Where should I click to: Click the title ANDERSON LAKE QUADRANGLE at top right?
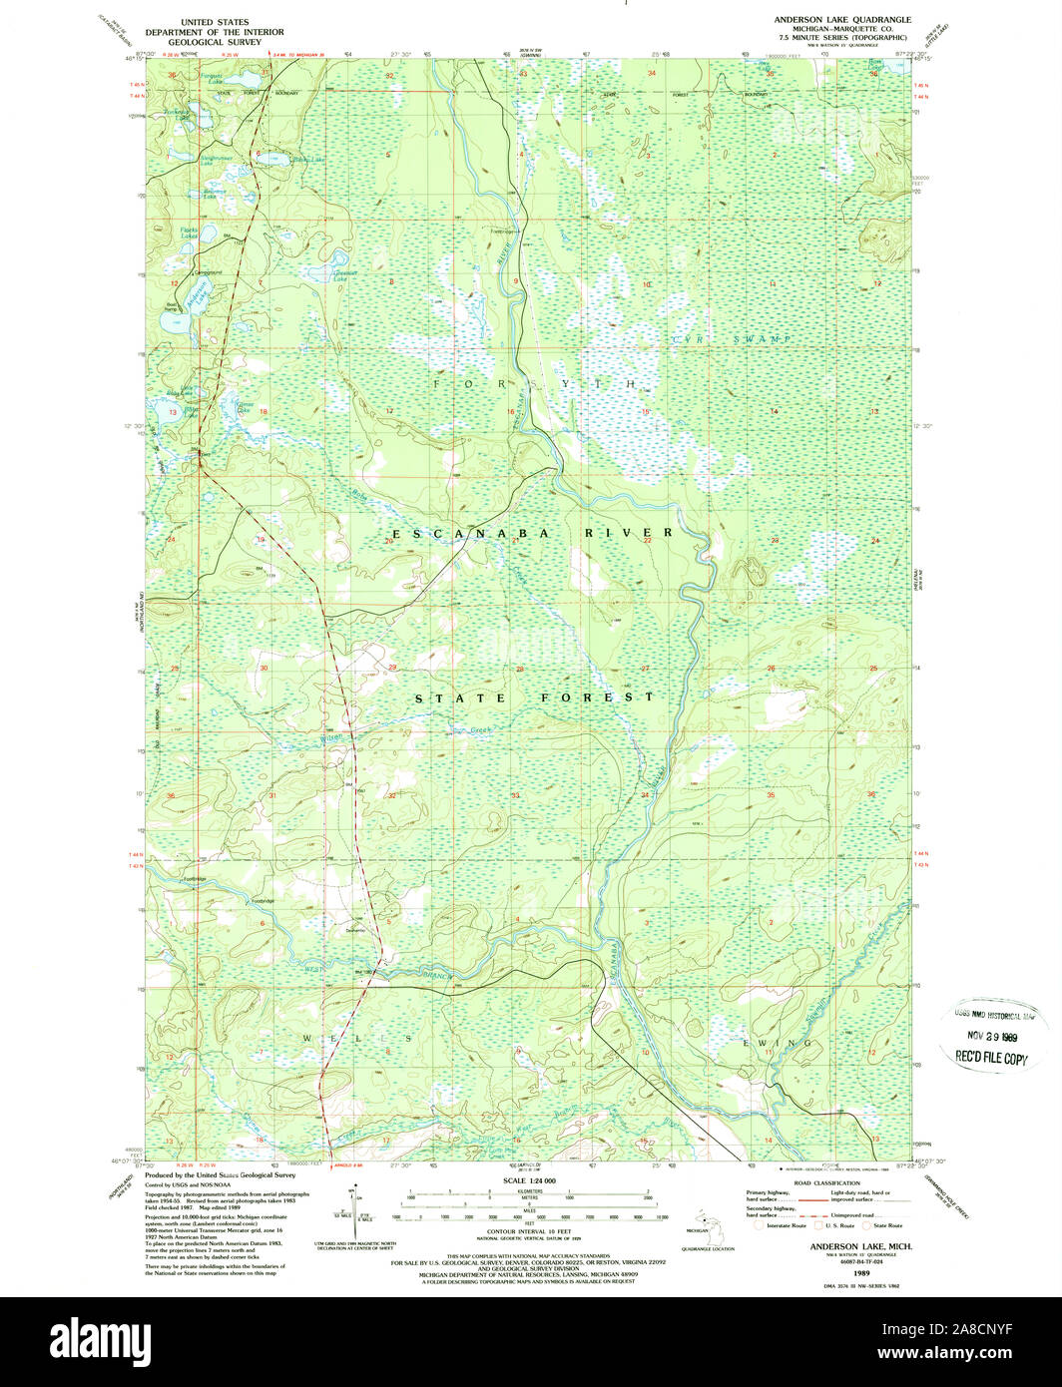(841, 19)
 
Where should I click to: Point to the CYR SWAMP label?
(731, 340)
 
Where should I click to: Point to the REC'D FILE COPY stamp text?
(991, 1060)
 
